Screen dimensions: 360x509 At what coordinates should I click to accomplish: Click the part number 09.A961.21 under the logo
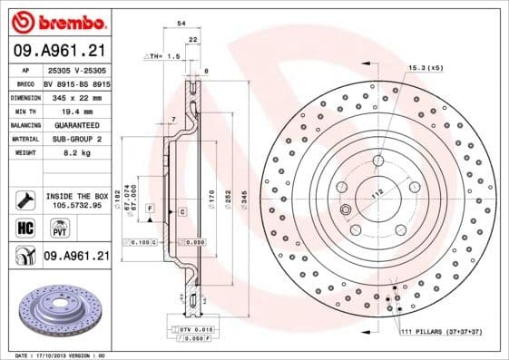tap(56, 50)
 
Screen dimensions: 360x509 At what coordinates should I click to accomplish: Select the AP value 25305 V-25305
tap(76, 70)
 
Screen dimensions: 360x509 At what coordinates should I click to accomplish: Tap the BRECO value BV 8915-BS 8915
tap(76, 83)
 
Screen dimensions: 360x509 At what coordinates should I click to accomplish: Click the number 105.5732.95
tap(76, 206)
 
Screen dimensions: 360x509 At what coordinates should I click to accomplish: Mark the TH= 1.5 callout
tap(164, 56)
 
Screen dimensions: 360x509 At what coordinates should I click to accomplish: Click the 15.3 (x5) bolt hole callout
tap(425, 68)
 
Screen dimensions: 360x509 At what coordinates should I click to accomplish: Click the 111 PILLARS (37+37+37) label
tap(441, 334)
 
